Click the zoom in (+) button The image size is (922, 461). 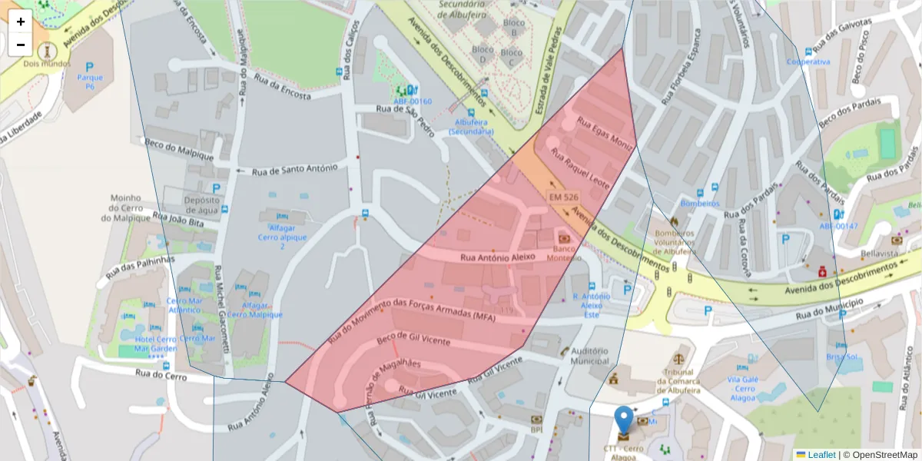point(21,22)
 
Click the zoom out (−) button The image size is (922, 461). point(21,45)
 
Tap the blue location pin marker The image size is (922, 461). point(625,421)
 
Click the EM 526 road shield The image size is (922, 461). point(563,197)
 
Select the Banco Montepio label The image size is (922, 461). point(563,253)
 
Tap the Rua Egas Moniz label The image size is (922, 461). point(605,134)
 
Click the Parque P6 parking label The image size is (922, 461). point(90,82)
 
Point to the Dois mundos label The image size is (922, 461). point(47,64)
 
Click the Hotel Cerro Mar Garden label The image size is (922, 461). point(155,343)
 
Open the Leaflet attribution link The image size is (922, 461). point(821,455)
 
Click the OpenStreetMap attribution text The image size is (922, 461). point(880,455)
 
